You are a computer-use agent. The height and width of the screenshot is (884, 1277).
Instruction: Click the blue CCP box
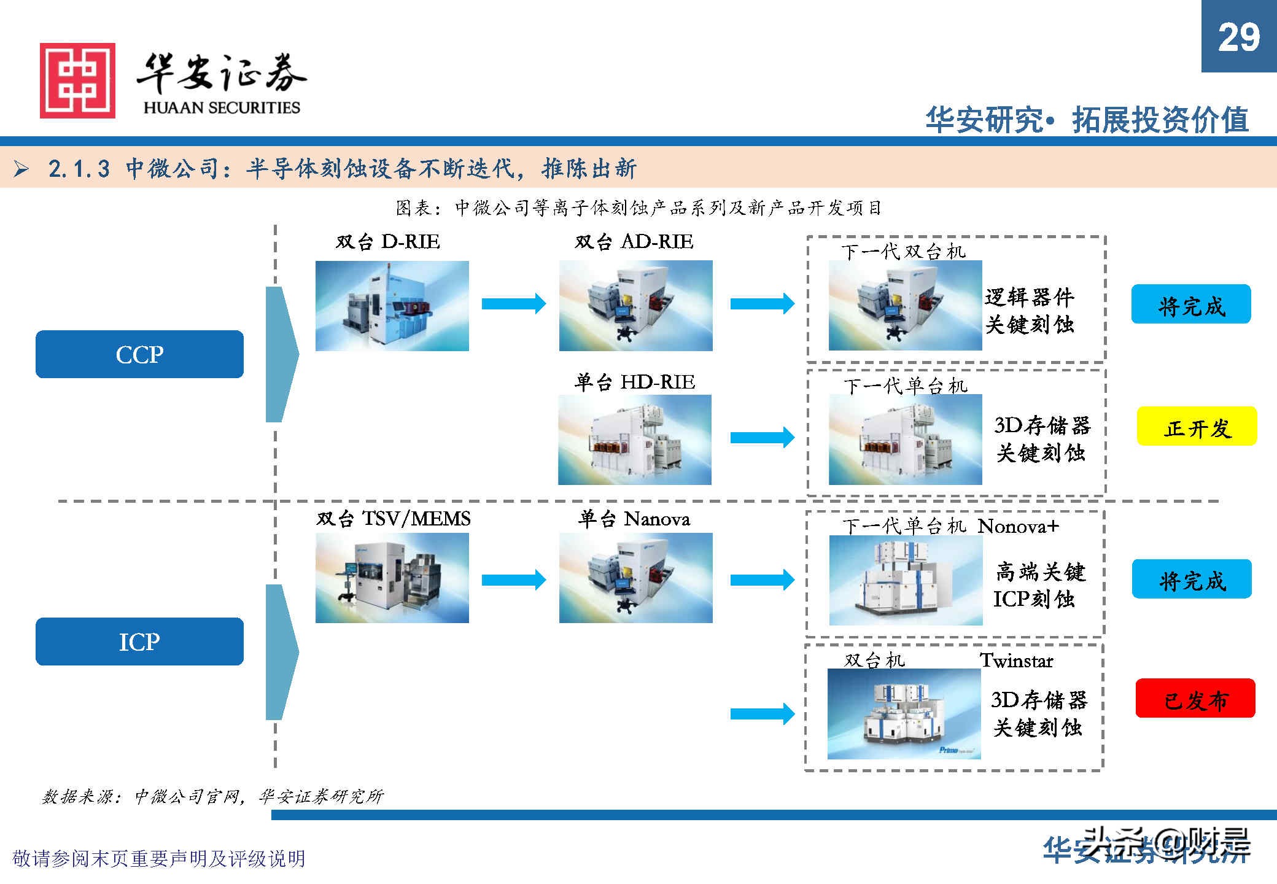(x=139, y=354)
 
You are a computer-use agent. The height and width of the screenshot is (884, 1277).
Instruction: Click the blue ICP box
(x=139, y=642)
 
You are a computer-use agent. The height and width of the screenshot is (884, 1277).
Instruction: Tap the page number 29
(x=1238, y=37)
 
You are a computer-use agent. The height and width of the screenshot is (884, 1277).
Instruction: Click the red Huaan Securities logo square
(x=77, y=80)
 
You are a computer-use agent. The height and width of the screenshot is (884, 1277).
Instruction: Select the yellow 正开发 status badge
(x=1197, y=426)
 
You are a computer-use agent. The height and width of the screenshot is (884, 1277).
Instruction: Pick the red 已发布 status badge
(x=1195, y=698)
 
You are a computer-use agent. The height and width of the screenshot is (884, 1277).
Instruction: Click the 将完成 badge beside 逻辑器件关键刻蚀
(x=1191, y=304)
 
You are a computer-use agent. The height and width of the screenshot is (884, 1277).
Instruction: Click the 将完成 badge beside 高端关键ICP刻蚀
(x=1192, y=579)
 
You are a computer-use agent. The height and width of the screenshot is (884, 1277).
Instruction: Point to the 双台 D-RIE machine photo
(x=392, y=306)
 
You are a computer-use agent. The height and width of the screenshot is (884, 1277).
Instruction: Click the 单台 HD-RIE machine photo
(x=635, y=440)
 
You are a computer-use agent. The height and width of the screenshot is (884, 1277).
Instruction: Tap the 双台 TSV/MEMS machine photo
(x=392, y=578)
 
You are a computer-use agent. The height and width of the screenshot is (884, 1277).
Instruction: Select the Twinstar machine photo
(x=904, y=714)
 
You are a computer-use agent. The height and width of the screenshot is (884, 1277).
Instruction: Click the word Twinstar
(x=1017, y=661)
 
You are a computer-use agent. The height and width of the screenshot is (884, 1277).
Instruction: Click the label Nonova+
(x=1018, y=526)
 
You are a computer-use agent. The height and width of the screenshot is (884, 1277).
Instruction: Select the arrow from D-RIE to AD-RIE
(x=514, y=303)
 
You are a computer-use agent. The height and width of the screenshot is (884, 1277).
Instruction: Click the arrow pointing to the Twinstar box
(x=762, y=713)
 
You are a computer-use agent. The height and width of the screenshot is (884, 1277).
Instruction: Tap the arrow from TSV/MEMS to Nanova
(x=514, y=580)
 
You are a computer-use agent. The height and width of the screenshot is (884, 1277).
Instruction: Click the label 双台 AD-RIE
(x=634, y=242)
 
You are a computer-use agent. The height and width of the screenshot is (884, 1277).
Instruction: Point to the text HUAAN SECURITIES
(x=222, y=108)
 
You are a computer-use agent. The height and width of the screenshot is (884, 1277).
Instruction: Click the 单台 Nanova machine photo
(x=635, y=578)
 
